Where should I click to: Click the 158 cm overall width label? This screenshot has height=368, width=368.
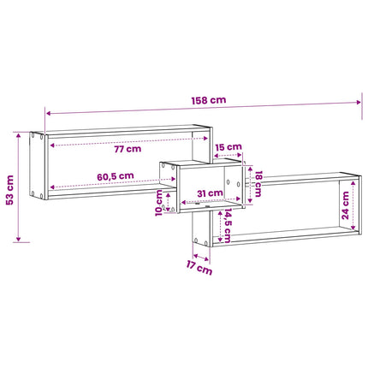pos(209,100)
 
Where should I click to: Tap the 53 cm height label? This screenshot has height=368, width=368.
pos(10,190)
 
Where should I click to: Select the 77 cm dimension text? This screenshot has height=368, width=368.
pos(128,149)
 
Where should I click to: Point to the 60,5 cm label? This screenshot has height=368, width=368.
pos(116,176)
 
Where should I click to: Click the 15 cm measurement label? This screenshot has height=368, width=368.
pos(229,147)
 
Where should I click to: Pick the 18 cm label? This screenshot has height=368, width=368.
pos(258,184)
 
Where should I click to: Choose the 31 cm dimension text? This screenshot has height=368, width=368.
pos(211,193)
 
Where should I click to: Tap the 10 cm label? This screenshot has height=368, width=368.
pos(159,203)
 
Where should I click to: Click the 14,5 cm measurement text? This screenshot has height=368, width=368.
pos(228,225)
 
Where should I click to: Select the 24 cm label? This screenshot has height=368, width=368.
pos(345,205)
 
